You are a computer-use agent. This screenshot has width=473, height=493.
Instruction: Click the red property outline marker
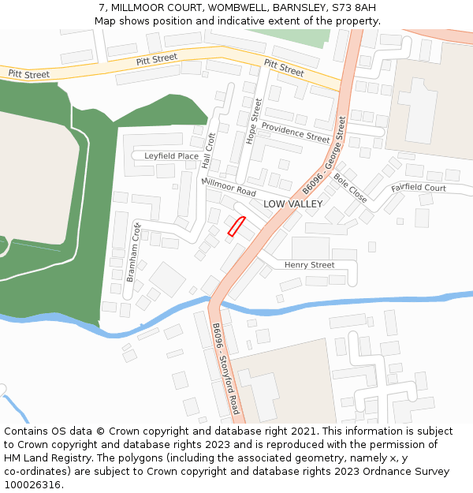(x=236, y=226)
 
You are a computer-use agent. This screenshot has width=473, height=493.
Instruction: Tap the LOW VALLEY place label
(x=292, y=204)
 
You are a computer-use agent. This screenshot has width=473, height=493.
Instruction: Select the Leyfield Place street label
(x=171, y=156)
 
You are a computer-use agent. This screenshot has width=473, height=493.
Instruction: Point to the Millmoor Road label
(x=229, y=187)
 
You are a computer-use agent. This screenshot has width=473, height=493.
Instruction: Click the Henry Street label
(x=309, y=265)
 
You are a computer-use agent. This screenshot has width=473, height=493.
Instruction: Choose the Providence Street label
(x=296, y=133)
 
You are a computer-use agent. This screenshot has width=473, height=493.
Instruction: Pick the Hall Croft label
(x=209, y=150)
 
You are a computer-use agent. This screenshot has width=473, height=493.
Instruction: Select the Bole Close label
(x=350, y=189)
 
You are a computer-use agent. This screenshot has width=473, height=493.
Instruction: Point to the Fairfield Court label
(x=419, y=189)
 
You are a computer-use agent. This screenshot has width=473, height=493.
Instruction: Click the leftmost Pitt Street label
(x=28, y=74)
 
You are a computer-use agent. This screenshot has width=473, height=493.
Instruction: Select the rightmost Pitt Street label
(x=284, y=68)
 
